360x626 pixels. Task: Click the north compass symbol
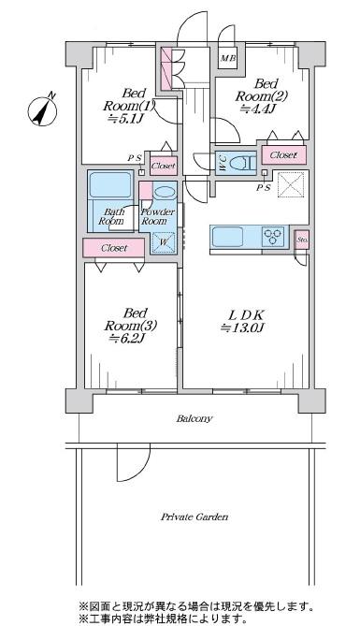point(42,109)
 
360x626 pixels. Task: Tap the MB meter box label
point(228,58)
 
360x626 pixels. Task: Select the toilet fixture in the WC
point(243,164)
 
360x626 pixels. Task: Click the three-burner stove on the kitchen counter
point(273,237)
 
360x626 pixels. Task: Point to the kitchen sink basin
point(227,237)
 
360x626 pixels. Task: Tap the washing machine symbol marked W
point(164,242)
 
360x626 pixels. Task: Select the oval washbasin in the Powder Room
point(165,193)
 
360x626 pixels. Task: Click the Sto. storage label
point(301,240)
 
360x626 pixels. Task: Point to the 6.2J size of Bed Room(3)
point(130,339)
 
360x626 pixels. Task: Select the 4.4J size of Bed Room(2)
point(259,109)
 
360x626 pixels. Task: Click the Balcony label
point(194,419)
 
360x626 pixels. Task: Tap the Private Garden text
point(194,517)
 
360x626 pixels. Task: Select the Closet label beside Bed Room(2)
point(283,155)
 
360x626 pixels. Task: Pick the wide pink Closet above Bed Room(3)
point(114,248)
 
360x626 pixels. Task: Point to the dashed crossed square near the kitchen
point(291,185)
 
